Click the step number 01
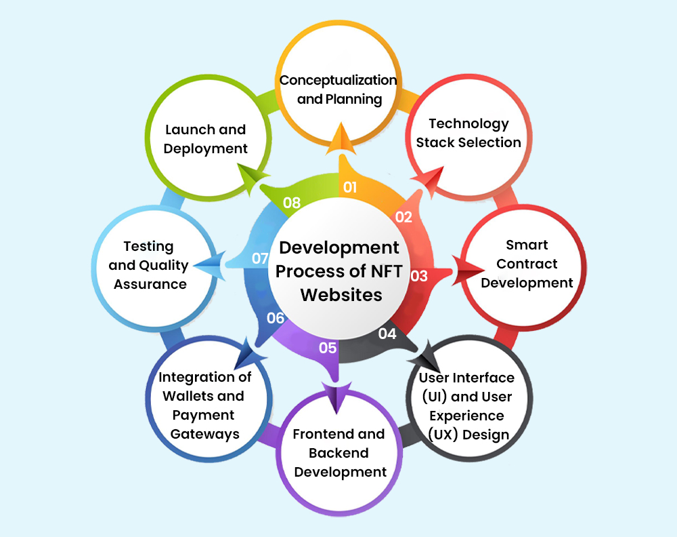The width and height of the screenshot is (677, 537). click(350, 187)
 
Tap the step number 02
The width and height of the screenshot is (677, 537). click(403, 216)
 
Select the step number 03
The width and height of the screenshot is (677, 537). click(419, 276)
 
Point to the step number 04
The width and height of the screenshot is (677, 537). click(387, 334)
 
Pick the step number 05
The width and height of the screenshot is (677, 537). click(328, 348)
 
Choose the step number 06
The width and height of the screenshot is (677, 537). click(276, 318)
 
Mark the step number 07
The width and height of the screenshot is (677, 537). click(261, 258)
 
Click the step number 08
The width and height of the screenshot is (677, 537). click(291, 202)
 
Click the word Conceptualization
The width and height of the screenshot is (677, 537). click(338, 81)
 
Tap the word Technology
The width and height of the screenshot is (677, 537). click(469, 125)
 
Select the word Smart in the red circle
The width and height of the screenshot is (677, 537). click(527, 245)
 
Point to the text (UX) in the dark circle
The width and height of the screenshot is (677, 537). click(443, 434)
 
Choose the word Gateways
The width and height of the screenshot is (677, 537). click(204, 434)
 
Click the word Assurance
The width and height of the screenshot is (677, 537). click(150, 284)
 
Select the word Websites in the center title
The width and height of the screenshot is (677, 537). click(341, 295)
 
